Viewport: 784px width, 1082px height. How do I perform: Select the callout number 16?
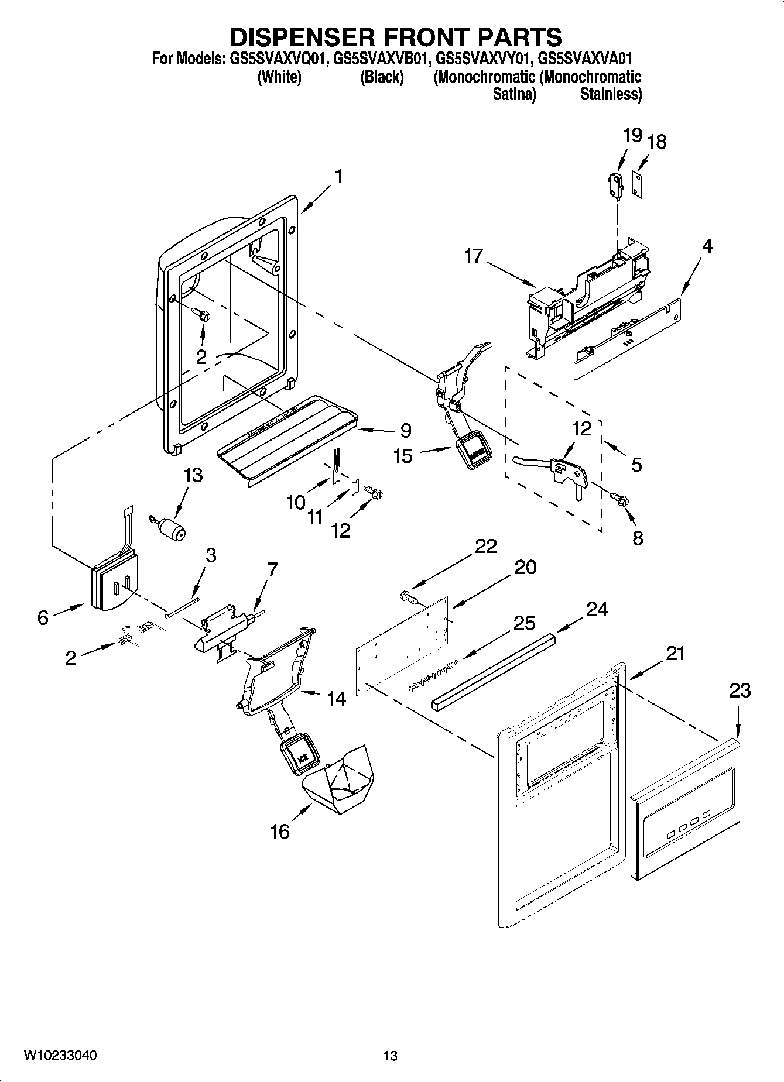point(280,832)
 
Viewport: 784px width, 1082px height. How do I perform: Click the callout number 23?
point(740,691)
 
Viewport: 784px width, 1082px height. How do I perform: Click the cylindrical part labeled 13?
point(173,530)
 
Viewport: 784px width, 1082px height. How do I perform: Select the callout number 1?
point(338,177)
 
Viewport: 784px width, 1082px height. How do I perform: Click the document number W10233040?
point(60,1056)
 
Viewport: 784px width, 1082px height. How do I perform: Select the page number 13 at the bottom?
point(391,1056)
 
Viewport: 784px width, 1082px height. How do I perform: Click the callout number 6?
point(43,618)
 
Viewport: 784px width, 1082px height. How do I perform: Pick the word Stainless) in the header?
point(611,94)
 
